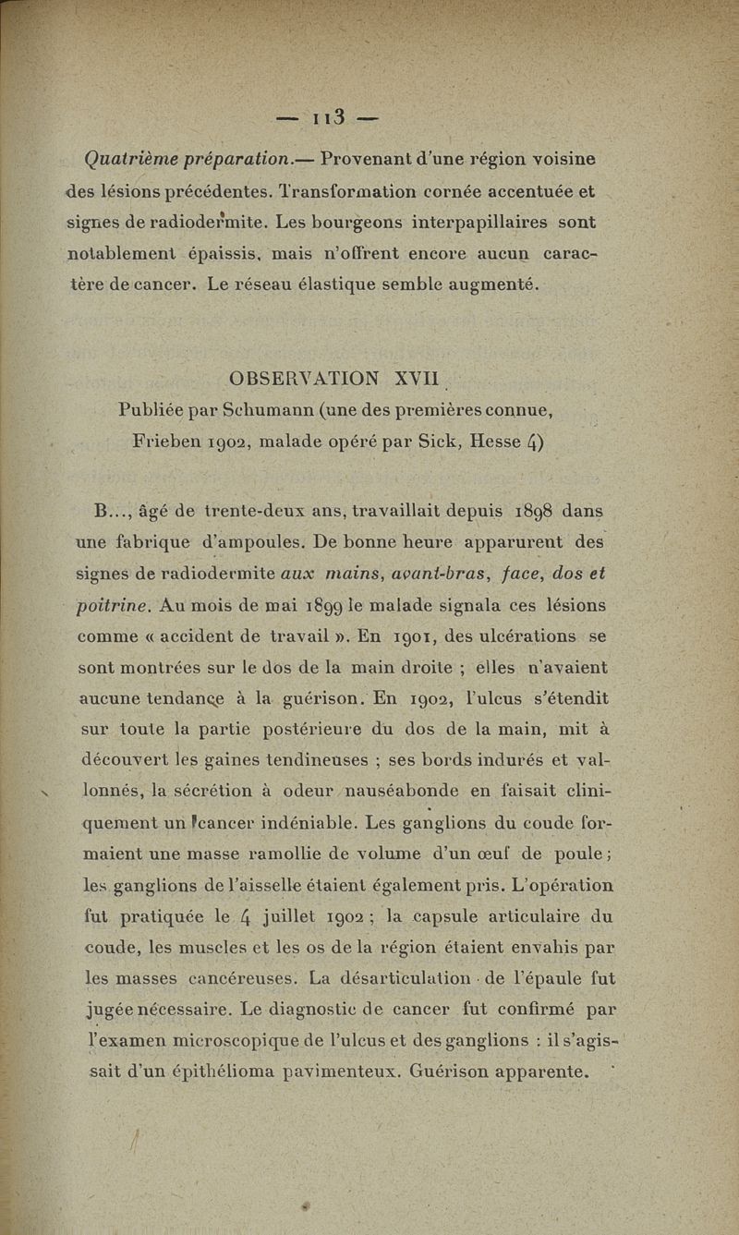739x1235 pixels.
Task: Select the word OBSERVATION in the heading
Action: click(x=305, y=380)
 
